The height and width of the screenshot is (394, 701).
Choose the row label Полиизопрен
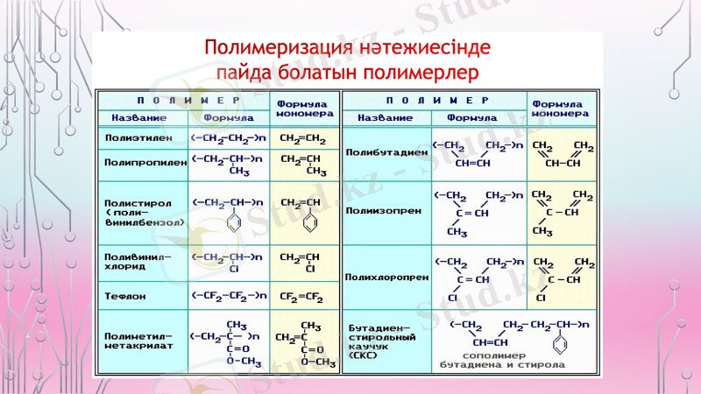coord(377,210)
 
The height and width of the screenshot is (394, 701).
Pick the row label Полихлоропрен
coord(383,277)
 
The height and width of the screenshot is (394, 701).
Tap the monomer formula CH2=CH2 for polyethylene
coord(302,138)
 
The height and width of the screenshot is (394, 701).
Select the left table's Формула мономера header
coord(303,108)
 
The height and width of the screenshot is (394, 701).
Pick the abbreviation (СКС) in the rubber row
coord(364,355)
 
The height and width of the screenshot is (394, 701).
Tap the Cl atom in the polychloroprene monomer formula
coord(541,298)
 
